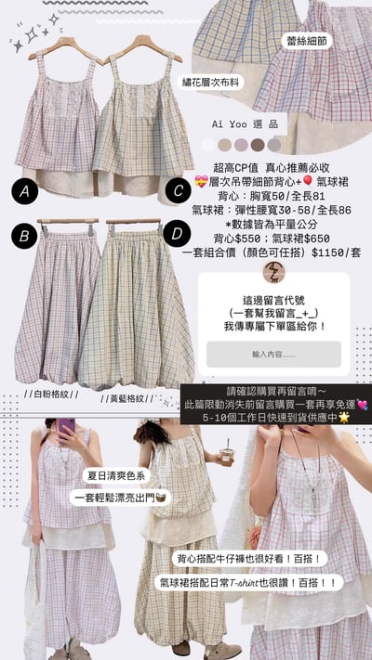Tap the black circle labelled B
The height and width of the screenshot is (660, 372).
click(26, 236)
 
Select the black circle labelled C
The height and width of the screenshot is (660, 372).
click(177, 191)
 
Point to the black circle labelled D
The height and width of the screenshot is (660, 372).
click(177, 235)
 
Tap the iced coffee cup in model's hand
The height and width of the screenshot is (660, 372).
click(226, 456)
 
